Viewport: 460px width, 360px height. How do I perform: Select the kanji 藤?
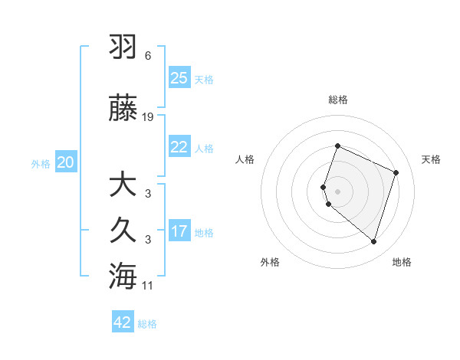(x=123, y=110)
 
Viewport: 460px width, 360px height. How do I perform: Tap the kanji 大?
(x=123, y=185)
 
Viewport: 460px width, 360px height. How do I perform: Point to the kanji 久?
(x=123, y=231)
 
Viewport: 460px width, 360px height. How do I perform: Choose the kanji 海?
(x=123, y=276)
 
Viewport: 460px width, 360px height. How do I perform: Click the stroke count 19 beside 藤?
(x=149, y=117)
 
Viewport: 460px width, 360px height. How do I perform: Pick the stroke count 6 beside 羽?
(x=148, y=56)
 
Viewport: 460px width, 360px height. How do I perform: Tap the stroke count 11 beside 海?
(x=149, y=286)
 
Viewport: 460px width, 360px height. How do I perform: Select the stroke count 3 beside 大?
(x=148, y=193)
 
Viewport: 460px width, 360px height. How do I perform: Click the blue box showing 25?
(x=179, y=78)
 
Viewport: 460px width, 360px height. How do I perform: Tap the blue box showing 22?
(x=179, y=147)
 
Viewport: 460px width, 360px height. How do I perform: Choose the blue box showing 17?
(x=179, y=231)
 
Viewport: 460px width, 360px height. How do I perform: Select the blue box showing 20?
(x=66, y=162)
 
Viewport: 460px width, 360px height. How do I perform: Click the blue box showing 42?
(x=123, y=322)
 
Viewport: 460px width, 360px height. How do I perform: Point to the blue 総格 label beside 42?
(x=148, y=324)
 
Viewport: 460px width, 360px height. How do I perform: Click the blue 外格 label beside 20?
(x=41, y=163)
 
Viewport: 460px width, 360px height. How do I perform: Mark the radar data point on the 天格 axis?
(x=396, y=172)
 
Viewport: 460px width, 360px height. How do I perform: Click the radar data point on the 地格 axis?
(x=373, y=241)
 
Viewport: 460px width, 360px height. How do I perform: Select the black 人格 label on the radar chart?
(x=245, y=159)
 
